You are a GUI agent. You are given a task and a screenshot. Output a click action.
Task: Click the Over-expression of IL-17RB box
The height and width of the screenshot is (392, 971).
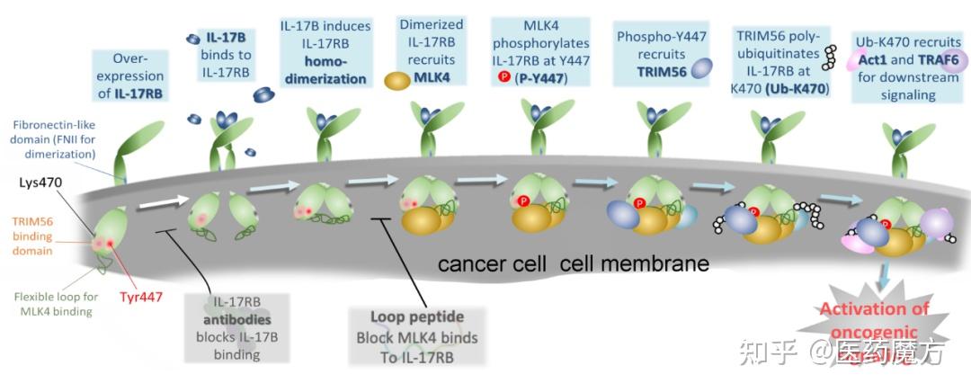[129, 76]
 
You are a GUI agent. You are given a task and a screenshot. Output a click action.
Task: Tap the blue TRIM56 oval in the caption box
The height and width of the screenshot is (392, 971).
[701, 70]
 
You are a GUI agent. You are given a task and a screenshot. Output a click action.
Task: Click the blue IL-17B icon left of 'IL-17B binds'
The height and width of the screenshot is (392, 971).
[192, 39]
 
